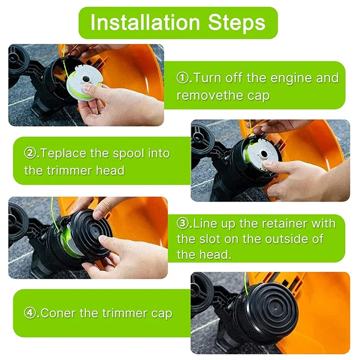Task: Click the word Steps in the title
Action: coord(237,22)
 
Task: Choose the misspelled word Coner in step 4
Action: coord(58,313)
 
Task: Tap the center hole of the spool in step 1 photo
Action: coord(86,79)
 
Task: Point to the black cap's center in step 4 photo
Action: coord(275,308)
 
